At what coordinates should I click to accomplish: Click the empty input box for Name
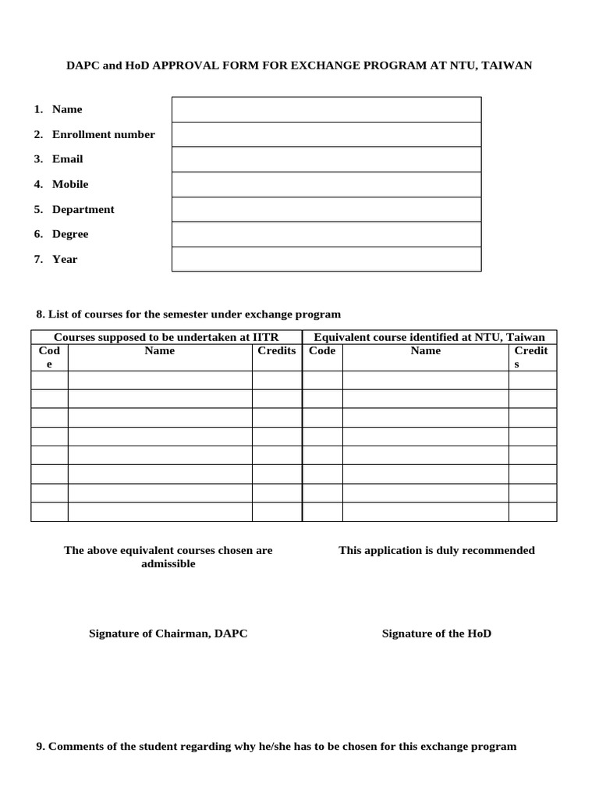click(x=326, y=109)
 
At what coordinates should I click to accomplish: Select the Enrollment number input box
click(x=326, y=134)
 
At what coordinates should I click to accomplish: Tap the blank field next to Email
click(x=326, y=159)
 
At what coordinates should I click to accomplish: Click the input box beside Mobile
click(x=326, y=184)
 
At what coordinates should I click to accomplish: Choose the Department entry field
click(x=326, y=209)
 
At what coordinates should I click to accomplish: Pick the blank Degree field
click(x=326, y=234)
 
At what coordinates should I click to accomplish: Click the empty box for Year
click(x=326, y=259)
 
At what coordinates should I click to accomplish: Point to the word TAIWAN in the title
click(x=507, y=66)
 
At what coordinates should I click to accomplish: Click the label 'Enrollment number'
click(x=103, y=134)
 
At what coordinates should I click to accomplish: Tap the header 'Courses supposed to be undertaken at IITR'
click(x=166, y=337)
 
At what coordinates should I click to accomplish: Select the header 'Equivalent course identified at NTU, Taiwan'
click(x=429, y=337)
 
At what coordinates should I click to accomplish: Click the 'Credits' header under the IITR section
click(x=277, y=350)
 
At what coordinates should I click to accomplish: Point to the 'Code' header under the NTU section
click(x=322, y=350)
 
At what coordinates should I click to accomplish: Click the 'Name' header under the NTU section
click(x=426, y=350)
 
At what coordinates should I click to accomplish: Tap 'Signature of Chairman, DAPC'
click(x=168, y=634)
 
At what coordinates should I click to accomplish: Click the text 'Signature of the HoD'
click(x=437, y=634)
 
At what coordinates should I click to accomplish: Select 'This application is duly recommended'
click(x=437, y=550)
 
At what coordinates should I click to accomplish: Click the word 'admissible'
click(x=168, y=563)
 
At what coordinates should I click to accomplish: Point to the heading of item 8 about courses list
click(x=189, y=314)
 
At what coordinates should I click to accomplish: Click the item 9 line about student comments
click(x=276, y=746)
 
